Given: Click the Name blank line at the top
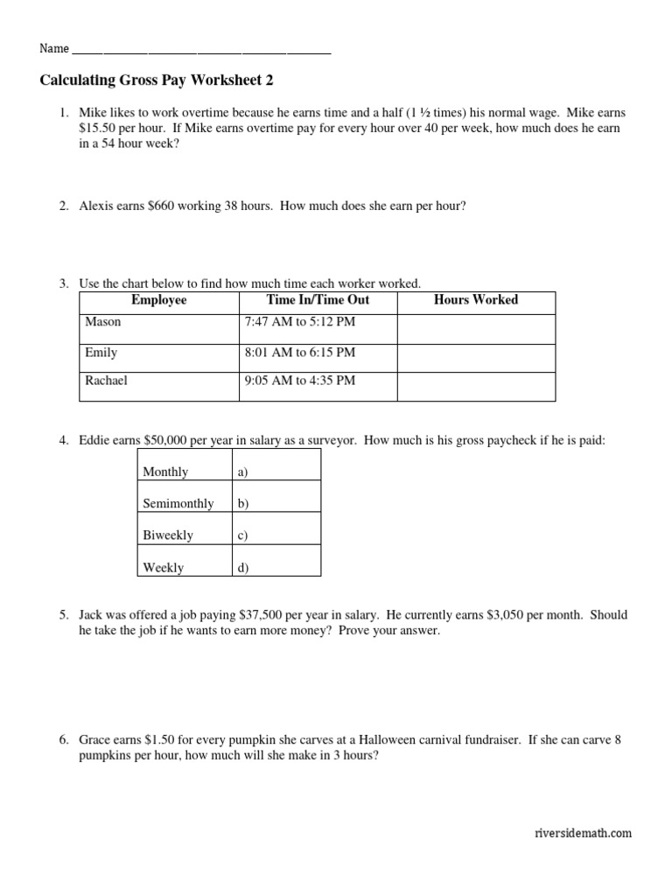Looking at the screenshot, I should pyautogui.click(x=201, y=52).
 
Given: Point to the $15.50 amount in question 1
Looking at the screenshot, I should pyautogui.click(x=98, y=128).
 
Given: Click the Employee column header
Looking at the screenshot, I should pyautogui.click(x=158, y=300).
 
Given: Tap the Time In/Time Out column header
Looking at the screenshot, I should pyautogui.click(x=318, y=300).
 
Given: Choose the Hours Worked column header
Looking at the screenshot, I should pyautogui.click(x=476, y=300).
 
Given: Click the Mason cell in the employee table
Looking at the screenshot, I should pyautogui.click(x=103, y=322).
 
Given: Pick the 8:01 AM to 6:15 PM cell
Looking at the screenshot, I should pyautogui.click(x=300, y=353).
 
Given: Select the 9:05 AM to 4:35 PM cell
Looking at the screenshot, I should pyautogui.click(x=300, y=381).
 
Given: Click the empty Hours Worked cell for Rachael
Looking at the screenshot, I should pyautogui.click(x=476, y=386).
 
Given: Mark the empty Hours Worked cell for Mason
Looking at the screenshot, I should pyautogui.click(x=476, y=328).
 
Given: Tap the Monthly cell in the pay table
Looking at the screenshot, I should pyautogui.click(x=165, y=472).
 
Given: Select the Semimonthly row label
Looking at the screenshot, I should pyautogui.click(x=178, y=504).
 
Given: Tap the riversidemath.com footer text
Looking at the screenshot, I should pyautogui.click(x=582, y=834).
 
